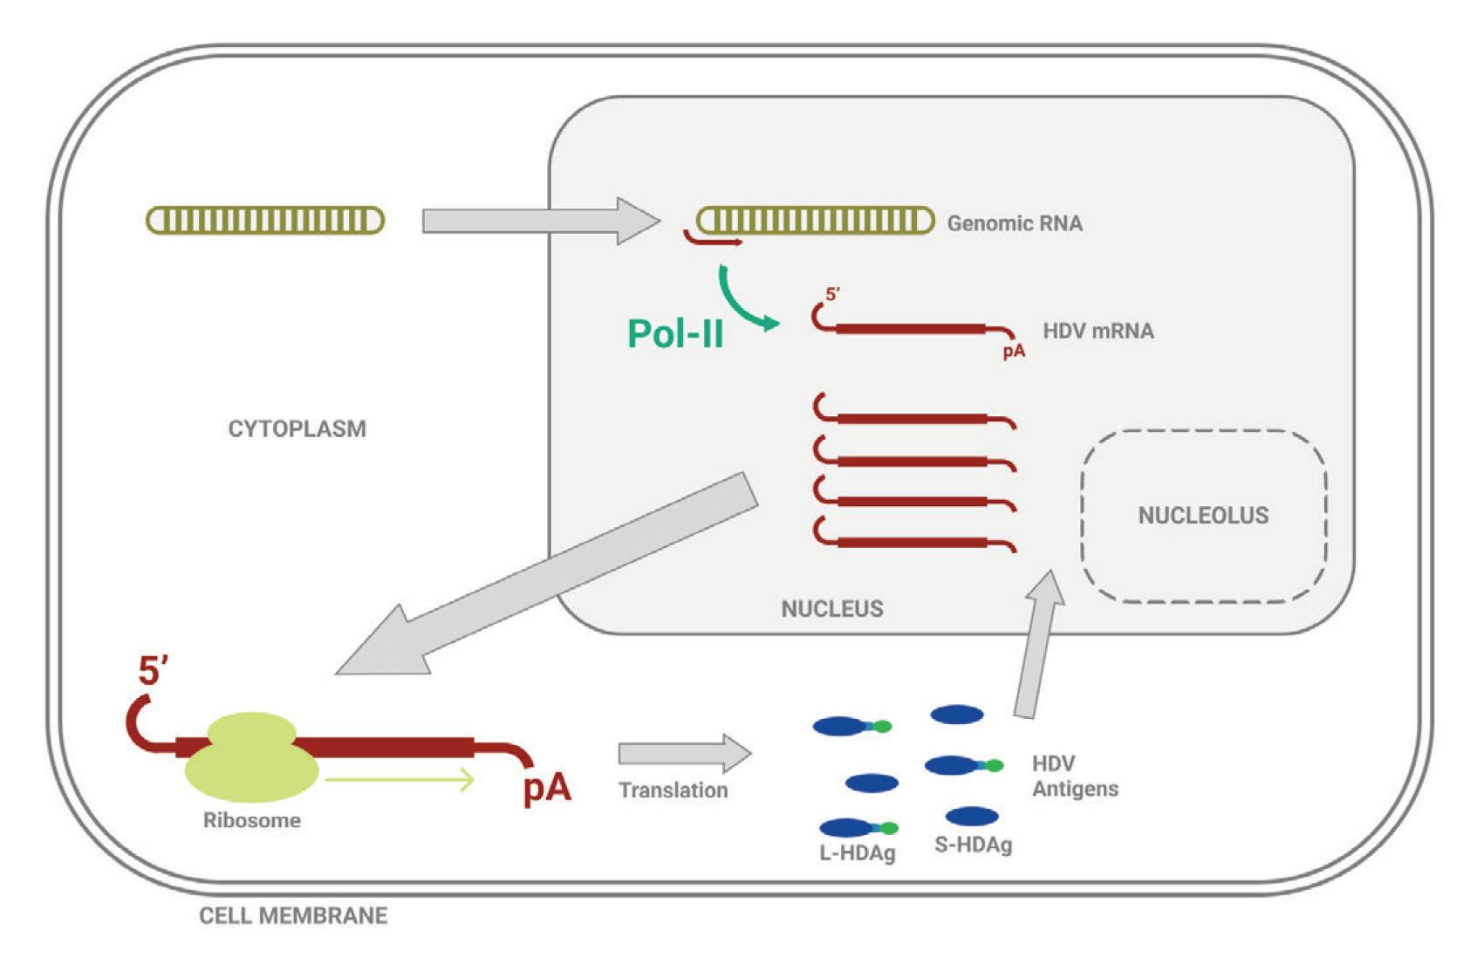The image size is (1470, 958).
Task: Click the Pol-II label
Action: [675, 333]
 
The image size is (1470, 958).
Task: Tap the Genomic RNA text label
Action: [1015, 223]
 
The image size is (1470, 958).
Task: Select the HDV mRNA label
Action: [1097, 331]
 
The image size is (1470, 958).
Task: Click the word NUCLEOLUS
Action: [1203, 515]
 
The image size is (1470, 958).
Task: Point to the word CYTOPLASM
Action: [297, 428]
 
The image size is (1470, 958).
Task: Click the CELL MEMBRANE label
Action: [293, 915]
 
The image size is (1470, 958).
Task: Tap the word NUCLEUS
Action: [831, 608]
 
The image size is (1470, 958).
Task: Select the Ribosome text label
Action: [251, 820]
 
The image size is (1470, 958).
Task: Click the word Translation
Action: [673, 790]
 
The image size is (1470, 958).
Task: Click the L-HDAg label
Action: [857, 852]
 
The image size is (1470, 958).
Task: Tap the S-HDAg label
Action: [973, 845]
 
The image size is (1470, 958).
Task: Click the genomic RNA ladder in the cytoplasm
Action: [265, 220]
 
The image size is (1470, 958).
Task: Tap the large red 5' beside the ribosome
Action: [153, 671]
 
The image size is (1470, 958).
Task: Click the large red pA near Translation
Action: [547, 787]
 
